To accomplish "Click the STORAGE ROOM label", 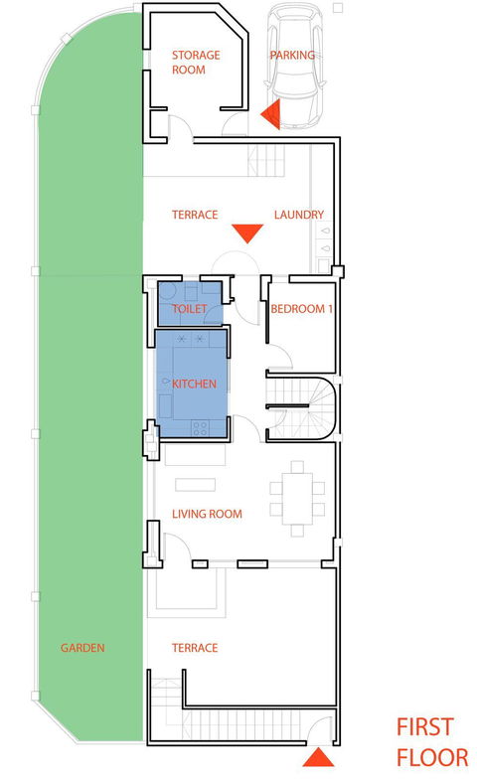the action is pyautogui.click(x=196, y=63).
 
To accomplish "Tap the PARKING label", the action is pyautogui.click(x=292, y=55).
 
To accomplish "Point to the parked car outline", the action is pyautogui.click(x=295, y=69).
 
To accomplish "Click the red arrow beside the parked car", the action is pyautogui.click(x=271, y=114).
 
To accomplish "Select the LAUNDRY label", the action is pyautogui.click(x=299, y=215).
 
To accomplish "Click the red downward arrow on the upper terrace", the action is pyautogui.click(x=247, y=234).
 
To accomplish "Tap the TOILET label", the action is pyautogui.click(x=189, y=309).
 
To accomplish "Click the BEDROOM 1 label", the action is pyautogui.click(x=301, y=309).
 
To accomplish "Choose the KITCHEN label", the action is pyautogui.click(x=194, y=384).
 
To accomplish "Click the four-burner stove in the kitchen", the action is pyautogui.click(x=200, y=428).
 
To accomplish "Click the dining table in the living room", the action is pyautogui.click(x=297, y=499).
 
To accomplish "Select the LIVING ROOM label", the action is pyautogui.click(x=207, y=514).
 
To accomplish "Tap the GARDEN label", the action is pyautogui.click(x=82, y=648).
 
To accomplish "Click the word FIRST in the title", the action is pyautogui.click(x=424, y=727).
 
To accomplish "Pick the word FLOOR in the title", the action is pyautogui.click(x=432, y=757).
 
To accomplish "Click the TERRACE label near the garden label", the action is pyautogui.click(x=195, y=648).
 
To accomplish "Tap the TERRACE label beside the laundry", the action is pyautogui.click(x=195, y=215).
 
